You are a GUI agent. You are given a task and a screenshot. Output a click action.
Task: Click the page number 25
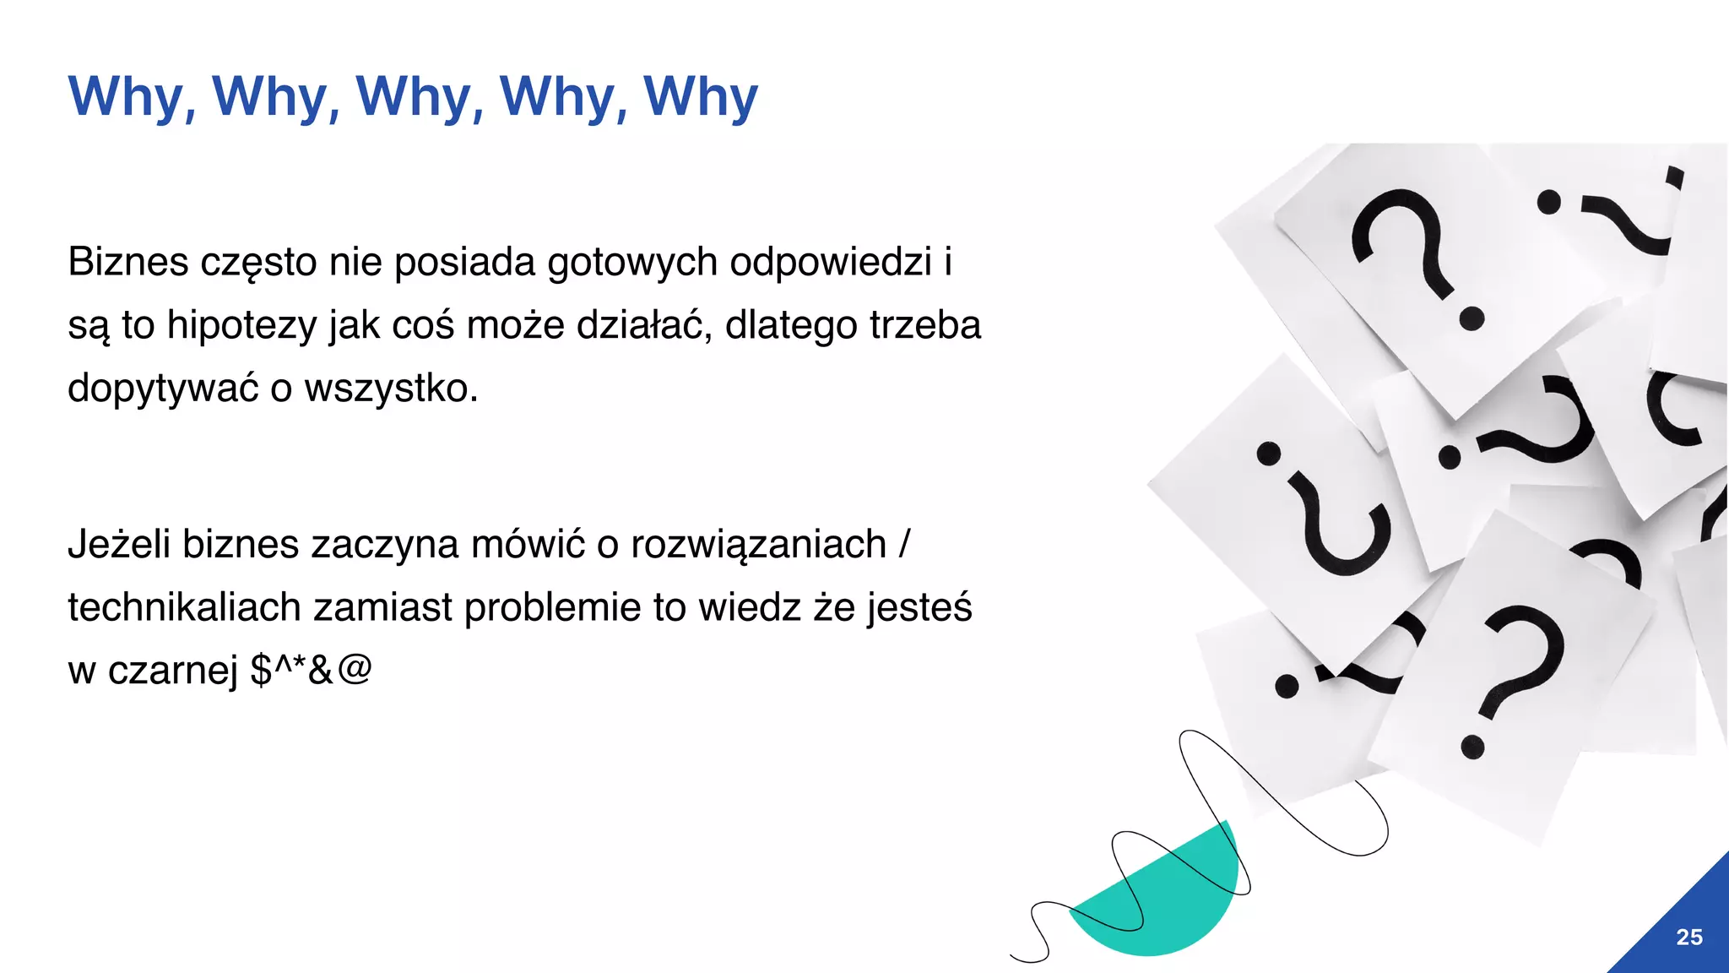tap(1688, 937)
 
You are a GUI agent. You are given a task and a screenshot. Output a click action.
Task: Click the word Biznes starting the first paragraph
tap(127, 262)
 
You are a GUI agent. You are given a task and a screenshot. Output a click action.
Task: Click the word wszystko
tap(391, 389)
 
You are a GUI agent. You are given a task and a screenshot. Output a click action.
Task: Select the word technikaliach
tap(184, 607)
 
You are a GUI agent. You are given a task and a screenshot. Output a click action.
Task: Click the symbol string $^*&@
tap(312, 670)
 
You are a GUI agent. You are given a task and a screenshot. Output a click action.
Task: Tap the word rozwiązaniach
tap(758, 545)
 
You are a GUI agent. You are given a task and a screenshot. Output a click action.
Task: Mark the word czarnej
tap(173, 671)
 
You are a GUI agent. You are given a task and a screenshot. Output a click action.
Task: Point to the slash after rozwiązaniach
tap(905, 545)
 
